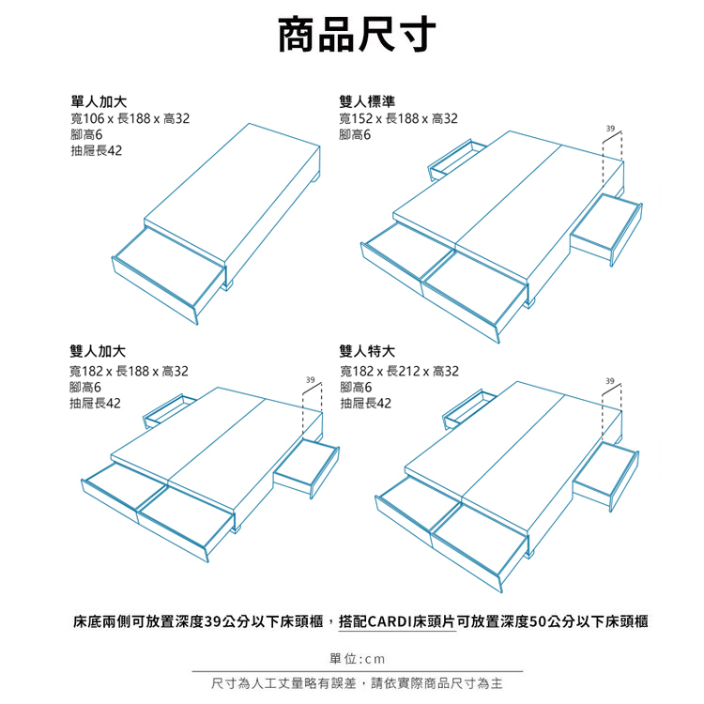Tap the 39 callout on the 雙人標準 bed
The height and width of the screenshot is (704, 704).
[x=610, y=127]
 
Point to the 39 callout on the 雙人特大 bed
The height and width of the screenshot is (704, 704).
[x=610, y=380]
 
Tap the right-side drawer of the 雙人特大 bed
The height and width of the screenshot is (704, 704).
[x=605, y=475]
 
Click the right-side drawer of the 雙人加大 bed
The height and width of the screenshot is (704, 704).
[x=305, y=466]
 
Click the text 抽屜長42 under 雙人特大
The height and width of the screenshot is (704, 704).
[x=366, y=404]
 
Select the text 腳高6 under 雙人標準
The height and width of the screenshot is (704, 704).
[x=356, y=135]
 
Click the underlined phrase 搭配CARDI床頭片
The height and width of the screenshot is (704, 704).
[x=398, y=620]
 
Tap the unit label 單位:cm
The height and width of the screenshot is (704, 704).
[x=353, y=657]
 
